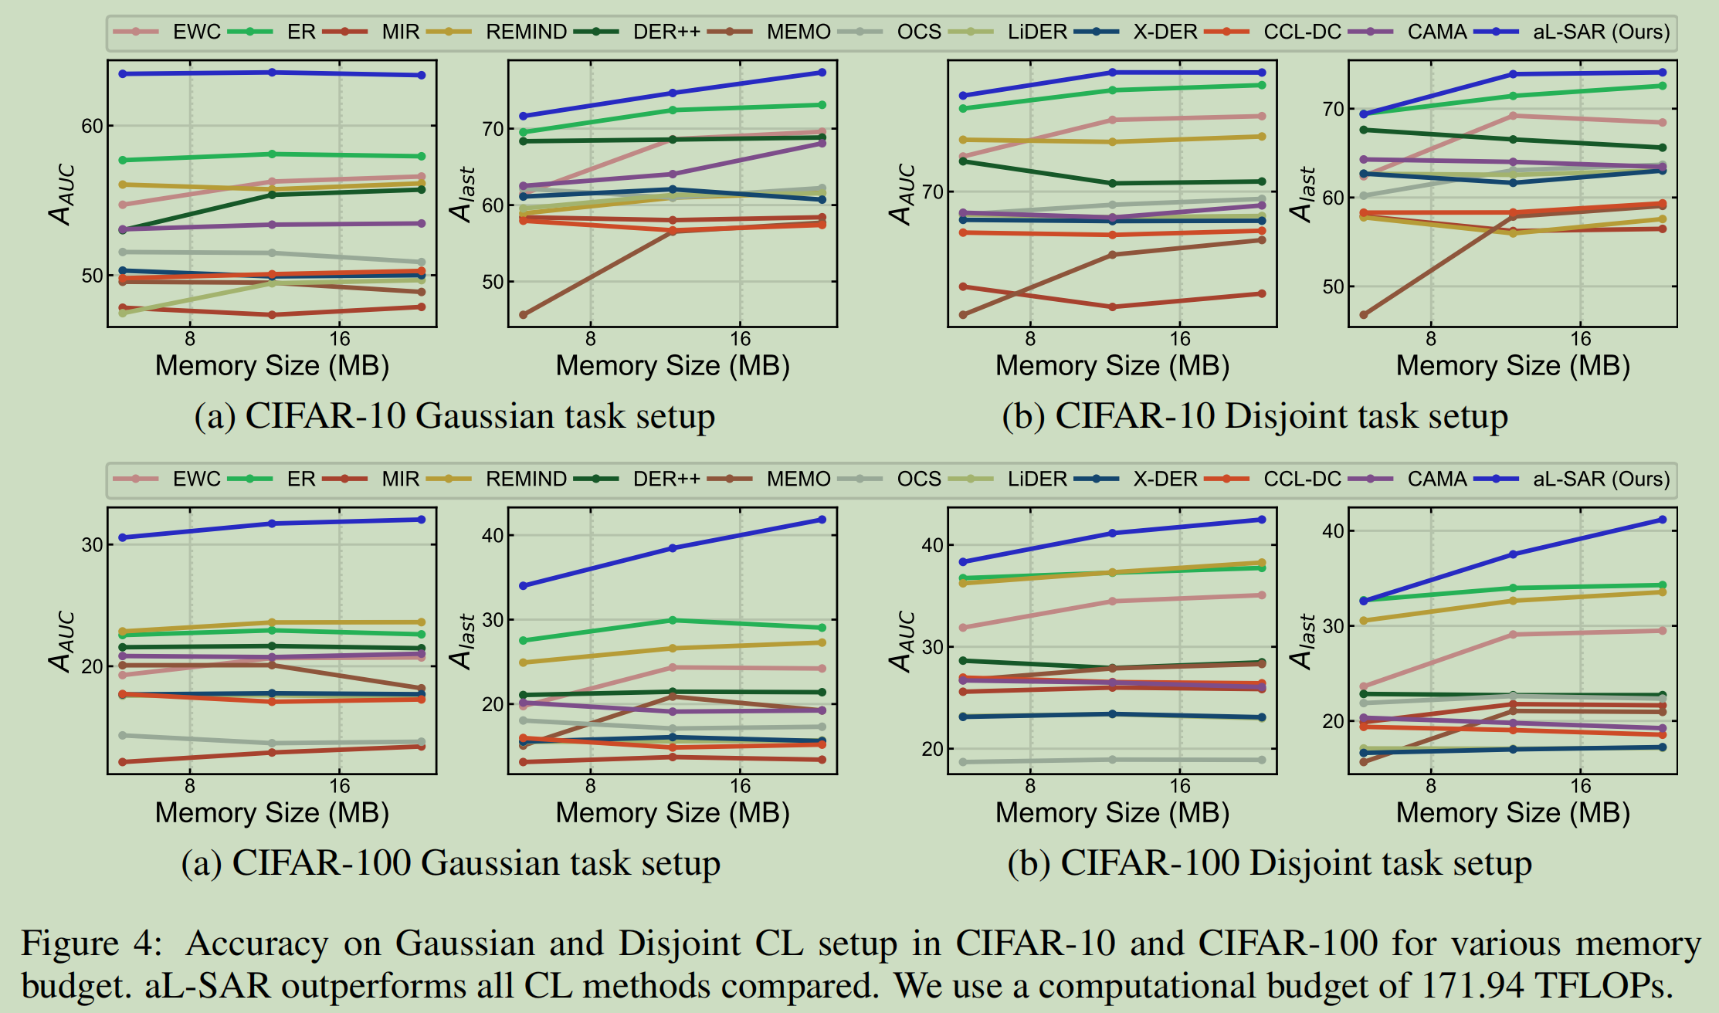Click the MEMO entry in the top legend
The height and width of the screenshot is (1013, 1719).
tap(798, 32)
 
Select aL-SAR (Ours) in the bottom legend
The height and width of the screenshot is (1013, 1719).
tap(1601, 479)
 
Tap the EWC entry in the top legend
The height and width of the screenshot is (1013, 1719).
tap(196, 32)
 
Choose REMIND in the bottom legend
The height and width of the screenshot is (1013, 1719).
tap(526, 479)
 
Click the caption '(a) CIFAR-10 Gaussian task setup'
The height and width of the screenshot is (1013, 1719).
tap(454, 416)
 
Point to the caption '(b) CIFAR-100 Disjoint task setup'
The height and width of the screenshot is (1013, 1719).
tap(1269, 863)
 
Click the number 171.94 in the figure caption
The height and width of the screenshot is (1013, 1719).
tap(1472, 986)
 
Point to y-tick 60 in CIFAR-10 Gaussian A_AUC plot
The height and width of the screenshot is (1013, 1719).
tap(92, 126)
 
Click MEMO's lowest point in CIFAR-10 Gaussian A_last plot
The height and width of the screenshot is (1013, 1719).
tap(523, 315)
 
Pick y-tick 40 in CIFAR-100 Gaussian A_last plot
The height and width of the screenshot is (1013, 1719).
tap(493, 535)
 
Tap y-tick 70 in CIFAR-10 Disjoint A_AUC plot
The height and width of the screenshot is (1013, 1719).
tap(933, 191)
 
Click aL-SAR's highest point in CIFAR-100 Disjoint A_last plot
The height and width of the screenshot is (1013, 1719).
tap(1663, 520)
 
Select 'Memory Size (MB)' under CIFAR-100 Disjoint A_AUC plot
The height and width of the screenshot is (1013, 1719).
tap(1112, 813)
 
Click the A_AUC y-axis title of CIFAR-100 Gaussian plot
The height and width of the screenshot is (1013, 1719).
tap(63, 641)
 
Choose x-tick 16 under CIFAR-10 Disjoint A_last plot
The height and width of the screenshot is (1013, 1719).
tap(1580, 338)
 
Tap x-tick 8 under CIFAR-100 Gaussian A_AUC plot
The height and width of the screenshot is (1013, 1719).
tap(190, 786)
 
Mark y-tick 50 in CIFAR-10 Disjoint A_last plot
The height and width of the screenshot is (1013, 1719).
tap(1334, 286)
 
